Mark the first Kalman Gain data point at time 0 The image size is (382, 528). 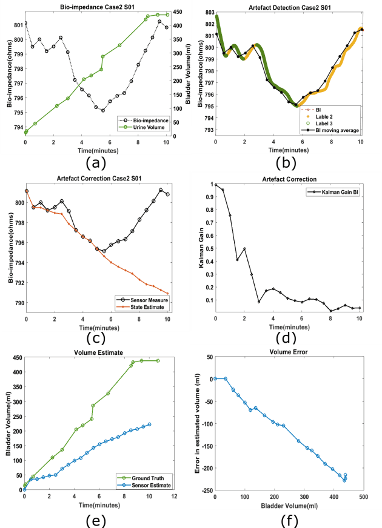(x=216, y=185)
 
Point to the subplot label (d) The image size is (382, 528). (x=289, y=337)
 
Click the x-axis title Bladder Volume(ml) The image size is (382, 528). (x=289, y=505)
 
